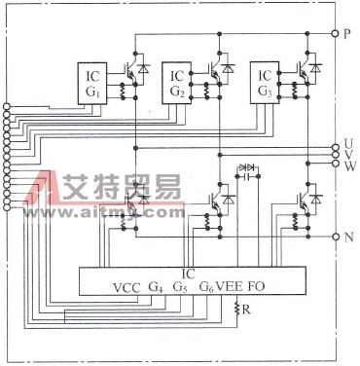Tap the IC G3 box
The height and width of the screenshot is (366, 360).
[x=266, y=82]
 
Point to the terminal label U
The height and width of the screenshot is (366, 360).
[x=348, y=144]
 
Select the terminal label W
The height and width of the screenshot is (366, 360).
[x=348, y=166]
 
